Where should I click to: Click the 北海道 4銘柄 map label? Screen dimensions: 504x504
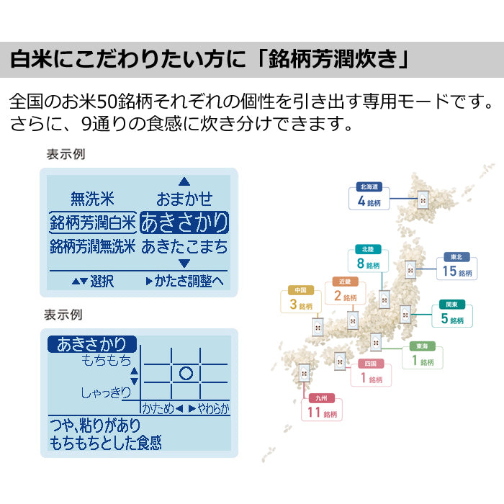click(x=372, y=197)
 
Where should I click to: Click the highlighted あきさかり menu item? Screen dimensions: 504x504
click(x=184, y=222)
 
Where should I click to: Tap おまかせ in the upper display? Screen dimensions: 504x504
click(x=184, y=199)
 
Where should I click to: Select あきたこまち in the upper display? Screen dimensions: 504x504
click(x=184, y=247)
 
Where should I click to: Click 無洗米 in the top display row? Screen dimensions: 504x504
click(x=92, y=199)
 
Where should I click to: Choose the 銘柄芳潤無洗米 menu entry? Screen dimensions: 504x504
click(x=93, y=247)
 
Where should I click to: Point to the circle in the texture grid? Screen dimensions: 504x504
click(x=186, y=373)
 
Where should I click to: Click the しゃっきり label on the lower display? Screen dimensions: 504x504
click(x=105, y=392)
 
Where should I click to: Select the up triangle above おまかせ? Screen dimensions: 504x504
click(x=184, y=181)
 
